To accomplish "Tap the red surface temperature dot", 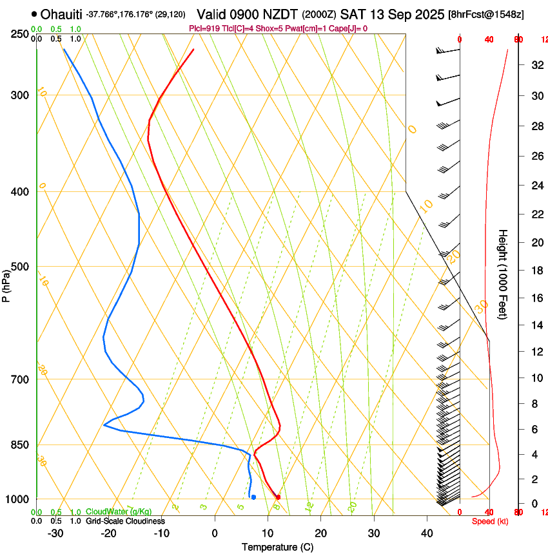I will coord(278,497).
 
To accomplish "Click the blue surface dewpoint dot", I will coord(254,497).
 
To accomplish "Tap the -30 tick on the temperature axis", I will coord(55,533).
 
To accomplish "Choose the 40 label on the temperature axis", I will coord(427,533).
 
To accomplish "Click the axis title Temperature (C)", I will coord(277,547).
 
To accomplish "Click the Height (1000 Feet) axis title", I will coord(504,274).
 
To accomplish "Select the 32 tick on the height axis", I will coord(536,65).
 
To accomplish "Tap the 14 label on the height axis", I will coord(536,325).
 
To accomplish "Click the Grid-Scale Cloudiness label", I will coord(125,521).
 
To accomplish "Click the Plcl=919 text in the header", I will coord(204,28).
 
